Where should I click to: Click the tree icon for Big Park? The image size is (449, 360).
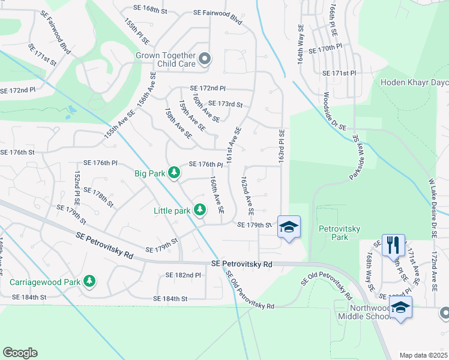[173, 173]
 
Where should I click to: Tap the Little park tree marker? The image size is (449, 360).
[200, 210]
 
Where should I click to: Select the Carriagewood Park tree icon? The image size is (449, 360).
[89, 281]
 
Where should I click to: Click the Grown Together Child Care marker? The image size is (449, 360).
[205, 58]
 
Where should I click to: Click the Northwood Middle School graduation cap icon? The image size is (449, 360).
[400, 308]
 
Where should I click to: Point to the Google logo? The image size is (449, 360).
[20, 353]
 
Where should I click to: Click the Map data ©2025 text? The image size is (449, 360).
[423, 355]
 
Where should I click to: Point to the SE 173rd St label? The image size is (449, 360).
[225, 104]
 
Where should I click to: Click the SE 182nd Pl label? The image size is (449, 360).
[183, 275]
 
